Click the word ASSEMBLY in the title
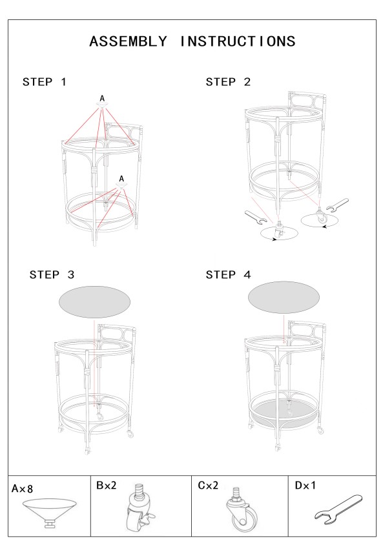[129, 41]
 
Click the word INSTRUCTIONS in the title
[238, 41]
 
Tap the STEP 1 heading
[44, 82]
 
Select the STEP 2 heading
[228, 82]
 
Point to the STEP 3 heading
[52, 274]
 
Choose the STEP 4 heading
[228, 274]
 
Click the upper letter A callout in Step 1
[102, 99]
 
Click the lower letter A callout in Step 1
[121, 179]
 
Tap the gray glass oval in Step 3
[94, 302]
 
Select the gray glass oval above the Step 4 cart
[284, 297]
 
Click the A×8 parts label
[23, 489]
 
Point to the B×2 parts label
[107, 485]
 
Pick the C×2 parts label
[208, 485]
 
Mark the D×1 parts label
[305, 485]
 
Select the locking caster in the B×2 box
[140, 508]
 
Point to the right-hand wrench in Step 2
[337, 205]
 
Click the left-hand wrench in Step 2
[256, 218]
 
